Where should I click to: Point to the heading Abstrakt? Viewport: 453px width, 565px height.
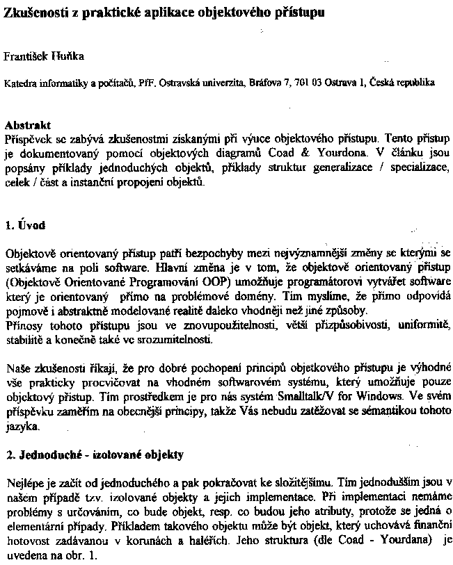[x=28, y=126]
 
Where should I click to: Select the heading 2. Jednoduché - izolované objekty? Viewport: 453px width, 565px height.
[x=94, y=456]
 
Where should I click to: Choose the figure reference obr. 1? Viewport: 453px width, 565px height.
[x=81, y=556]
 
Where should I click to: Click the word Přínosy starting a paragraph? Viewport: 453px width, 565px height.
[x=24, y=324]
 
